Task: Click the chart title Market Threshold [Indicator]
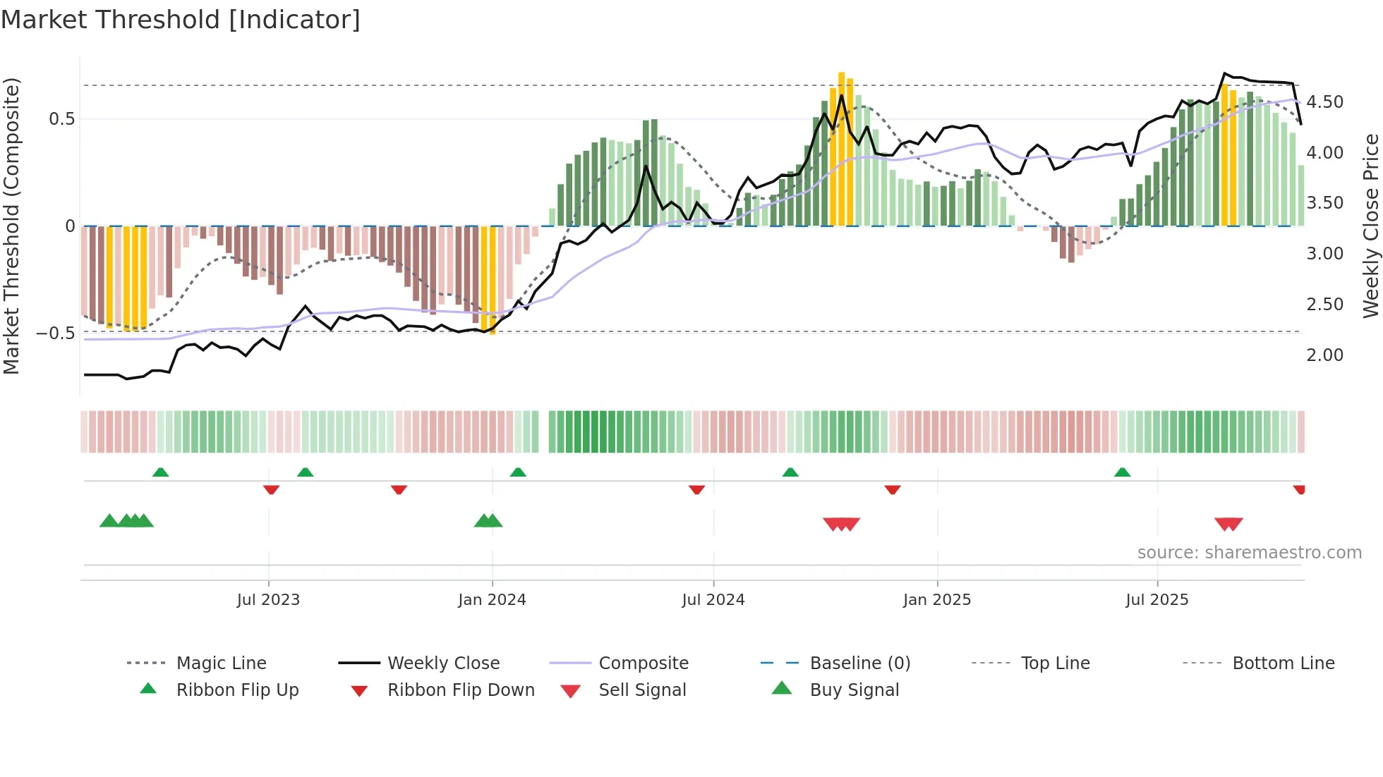[x=181, y=20]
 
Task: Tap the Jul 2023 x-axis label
[x=268, y=600]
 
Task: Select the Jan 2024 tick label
[x=492, y=600]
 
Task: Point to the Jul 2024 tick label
[x=713, y=600]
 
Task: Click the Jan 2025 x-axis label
[x=937, y=600]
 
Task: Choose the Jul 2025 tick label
[x=1157, y=600]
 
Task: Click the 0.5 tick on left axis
[x=61, y=119]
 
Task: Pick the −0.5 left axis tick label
[x=55, y=333]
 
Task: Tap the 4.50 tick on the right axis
[x=1324, y=102]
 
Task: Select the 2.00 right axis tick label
[x=1324, y=355]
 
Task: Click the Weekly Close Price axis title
[x=1370, y=226]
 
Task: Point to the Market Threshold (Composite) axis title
[x=11, y=226]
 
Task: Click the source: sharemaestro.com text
[x=1249, y=553]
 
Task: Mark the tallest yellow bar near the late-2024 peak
[x=841, y=148]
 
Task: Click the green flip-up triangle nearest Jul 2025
[x=1122, y=472]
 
